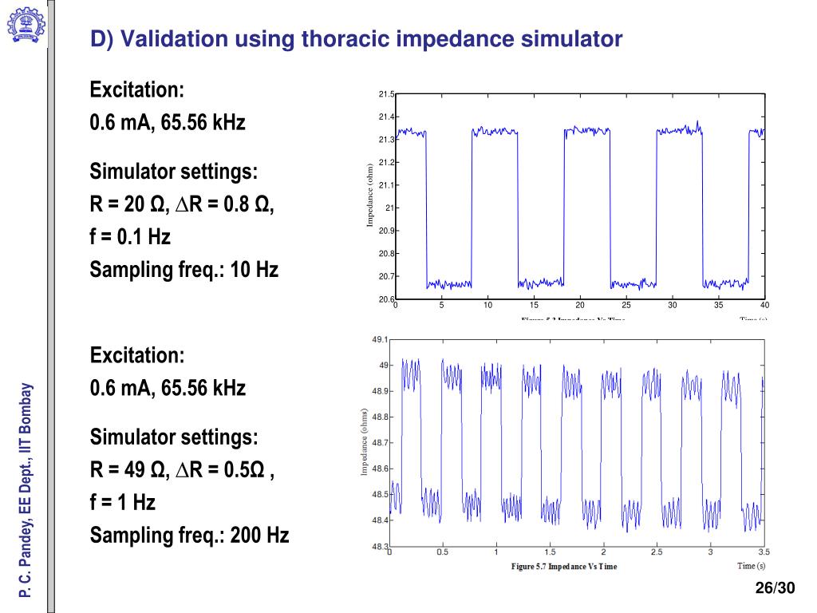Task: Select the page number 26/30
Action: [x=776, y=589]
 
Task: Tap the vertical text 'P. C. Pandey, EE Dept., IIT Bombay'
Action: [x=26, y=490]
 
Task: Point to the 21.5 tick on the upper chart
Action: [x=386, y=95]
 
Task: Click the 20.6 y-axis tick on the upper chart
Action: [x=386, y=299]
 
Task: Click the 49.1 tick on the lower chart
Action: [x=381, y=340]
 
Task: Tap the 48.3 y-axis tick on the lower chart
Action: [x=381, y=547]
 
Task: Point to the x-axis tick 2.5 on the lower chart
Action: [x=657, y=552]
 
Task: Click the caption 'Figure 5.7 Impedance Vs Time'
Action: [x=563, y=567]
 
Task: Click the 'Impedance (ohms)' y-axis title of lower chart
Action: [x=364, y=443]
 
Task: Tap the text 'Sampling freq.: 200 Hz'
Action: [x=189, y=535]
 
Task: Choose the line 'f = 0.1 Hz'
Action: [x=130, y=237]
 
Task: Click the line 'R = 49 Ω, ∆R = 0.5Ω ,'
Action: [x=183, y=470]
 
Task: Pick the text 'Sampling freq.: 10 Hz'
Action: [x=184, y=270]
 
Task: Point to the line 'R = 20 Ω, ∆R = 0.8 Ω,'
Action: [x=182, y=205]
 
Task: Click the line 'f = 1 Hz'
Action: [x=123, y=503]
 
